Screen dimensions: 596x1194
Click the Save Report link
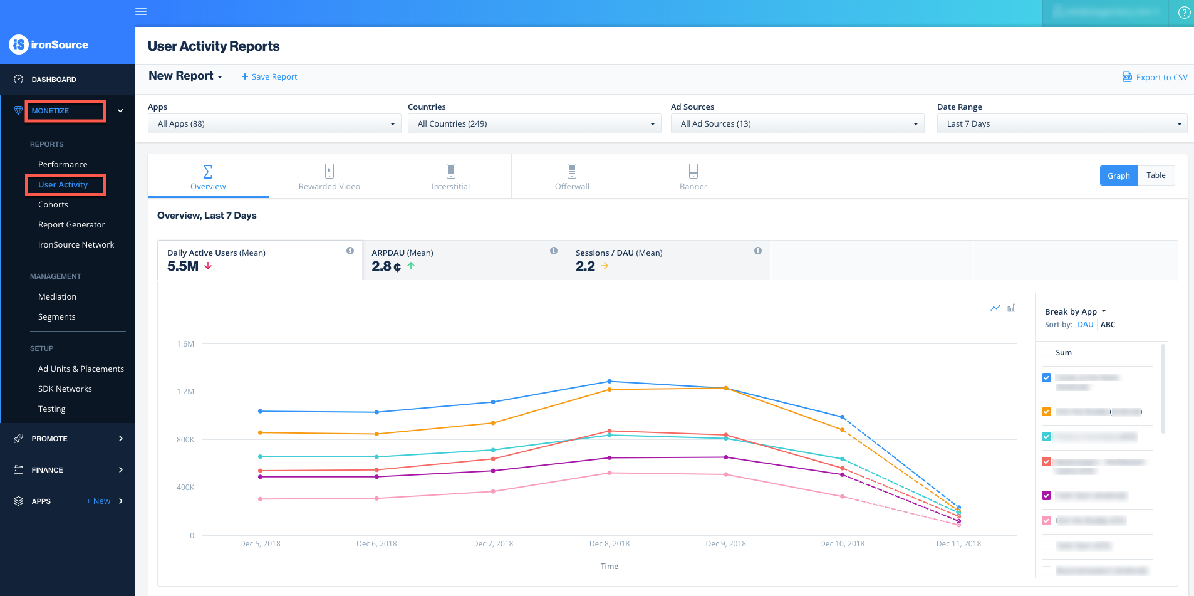point(269,76)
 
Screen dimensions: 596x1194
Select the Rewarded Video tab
point(329,177)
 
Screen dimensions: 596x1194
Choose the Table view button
point(1156,175)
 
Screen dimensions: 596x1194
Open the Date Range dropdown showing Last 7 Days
point(1062,123)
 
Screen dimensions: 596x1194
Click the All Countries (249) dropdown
point(534,123)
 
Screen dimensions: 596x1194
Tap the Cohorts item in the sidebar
point(53,204)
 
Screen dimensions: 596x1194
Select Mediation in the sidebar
point(57,296)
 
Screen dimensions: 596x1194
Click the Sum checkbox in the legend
point(1046,352)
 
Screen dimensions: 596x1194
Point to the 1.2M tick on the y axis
point(185,392)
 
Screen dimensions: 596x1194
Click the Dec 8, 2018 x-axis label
point(609,543)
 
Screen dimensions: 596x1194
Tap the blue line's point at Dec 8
point(610,381)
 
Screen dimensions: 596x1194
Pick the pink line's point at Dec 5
point(261,499)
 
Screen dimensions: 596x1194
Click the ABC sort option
point(1108,324)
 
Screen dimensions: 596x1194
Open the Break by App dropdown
point(1075,311)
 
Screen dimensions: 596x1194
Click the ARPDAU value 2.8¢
point(386,266)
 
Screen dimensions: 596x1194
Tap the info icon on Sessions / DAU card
point(758,251)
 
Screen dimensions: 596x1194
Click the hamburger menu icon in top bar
point(141,11)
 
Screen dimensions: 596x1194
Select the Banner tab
point(693,177)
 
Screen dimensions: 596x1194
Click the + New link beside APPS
point(98,501)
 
